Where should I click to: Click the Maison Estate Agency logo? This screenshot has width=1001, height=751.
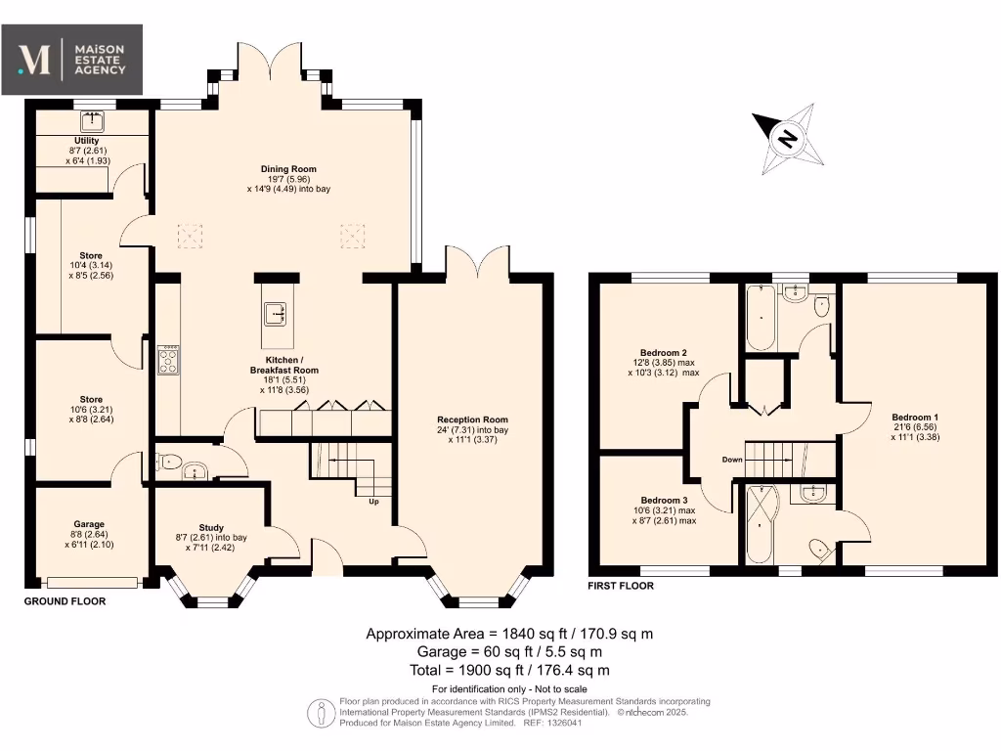(x=72, y=60)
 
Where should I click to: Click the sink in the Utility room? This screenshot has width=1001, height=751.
(x=93, y=122)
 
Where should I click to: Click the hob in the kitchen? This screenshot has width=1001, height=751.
(x=168, y=360)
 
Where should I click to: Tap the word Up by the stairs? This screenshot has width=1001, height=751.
(x=373, y=502)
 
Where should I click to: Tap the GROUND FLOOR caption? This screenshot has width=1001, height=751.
(x=65, y=601)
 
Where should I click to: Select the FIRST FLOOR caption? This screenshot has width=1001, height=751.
(x=621, y=586)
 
